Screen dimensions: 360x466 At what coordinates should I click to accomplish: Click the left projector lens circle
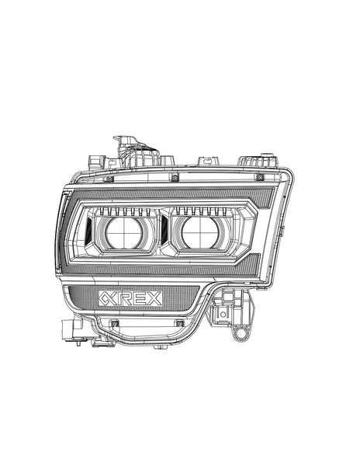[124, 233]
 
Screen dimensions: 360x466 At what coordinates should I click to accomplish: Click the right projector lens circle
[200, 231]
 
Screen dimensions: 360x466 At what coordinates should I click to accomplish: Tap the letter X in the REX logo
[154, 298]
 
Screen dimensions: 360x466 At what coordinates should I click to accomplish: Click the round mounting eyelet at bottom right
[241, 333]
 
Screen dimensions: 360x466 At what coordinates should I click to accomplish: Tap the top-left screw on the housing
[109, 179]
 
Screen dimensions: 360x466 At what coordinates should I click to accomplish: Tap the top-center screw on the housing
[175, 178]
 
